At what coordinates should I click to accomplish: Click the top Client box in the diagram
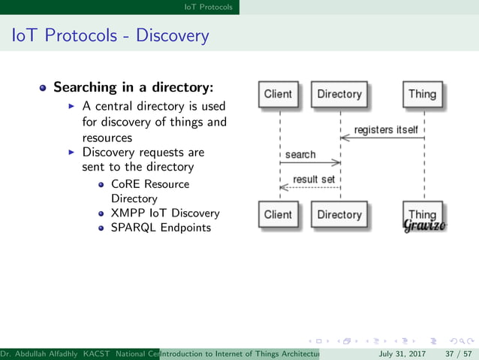click(x=278, y=95)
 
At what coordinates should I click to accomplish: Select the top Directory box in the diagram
click(x=339, y=95)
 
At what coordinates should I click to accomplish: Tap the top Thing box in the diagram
click(x=422, y=95)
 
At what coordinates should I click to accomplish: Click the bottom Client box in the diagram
click(x=278, y=215)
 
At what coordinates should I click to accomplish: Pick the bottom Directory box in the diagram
click(x=339, y=215)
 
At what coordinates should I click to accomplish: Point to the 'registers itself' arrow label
click(x=386, y=130)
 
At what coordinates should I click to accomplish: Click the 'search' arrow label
click(x=300, y=155)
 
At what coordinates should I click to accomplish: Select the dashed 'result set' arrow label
click(x=314, y=180)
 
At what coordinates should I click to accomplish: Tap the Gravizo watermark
click(x=425, y=225)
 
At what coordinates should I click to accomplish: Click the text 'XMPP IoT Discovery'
click(x=165, y=213)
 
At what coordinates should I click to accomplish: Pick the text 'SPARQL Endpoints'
click(x=161, y=228)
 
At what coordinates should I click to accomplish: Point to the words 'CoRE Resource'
click(x=150, y=184)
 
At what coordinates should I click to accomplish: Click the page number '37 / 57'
click(x=457, y=353)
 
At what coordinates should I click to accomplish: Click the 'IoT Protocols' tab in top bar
click(x=209, y=7)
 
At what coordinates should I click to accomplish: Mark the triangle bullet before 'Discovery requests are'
click(x=71, y=152)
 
